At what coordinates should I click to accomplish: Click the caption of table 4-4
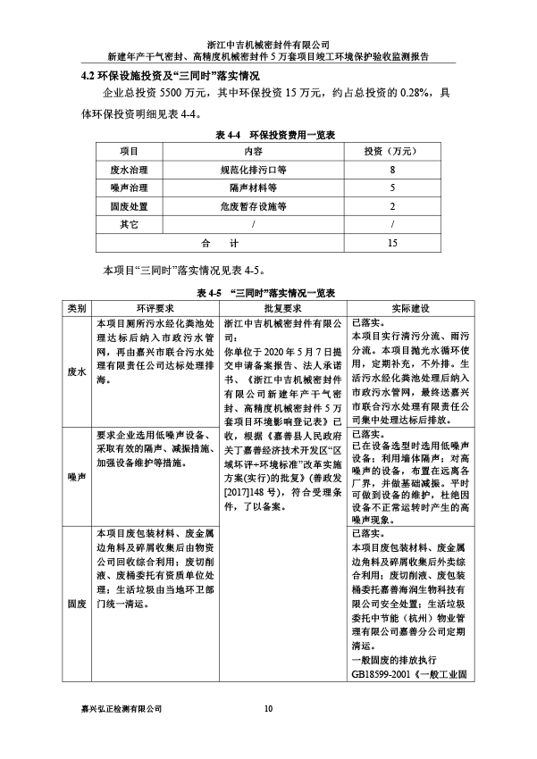(268, 134)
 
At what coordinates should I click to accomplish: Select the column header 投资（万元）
(392, 151)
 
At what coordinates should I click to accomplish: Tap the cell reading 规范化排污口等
(254, 170)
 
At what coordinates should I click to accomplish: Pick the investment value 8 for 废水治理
(392, 170)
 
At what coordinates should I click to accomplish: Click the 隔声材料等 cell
(254, 188)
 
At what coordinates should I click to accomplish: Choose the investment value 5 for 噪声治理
(392, 188)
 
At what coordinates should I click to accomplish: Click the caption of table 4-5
(268, 292)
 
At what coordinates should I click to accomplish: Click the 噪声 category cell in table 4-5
(76, 477)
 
